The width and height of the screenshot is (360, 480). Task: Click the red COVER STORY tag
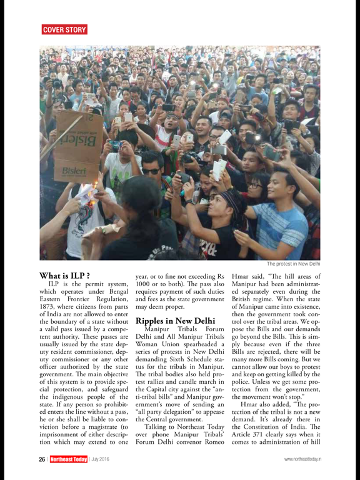[x=64, y=29]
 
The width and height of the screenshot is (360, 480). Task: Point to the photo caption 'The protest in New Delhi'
[x=293, y=264]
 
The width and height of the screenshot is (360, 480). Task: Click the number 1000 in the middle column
[x=146, y=285]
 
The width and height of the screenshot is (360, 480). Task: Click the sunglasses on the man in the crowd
[x=151, y=171]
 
